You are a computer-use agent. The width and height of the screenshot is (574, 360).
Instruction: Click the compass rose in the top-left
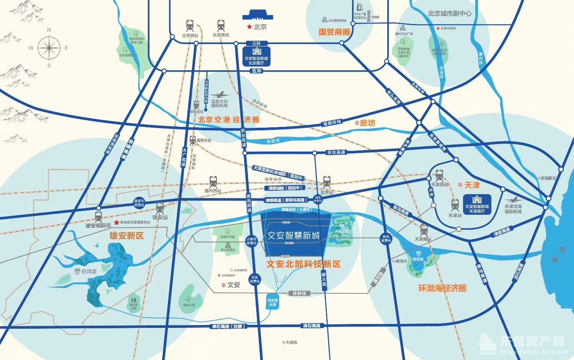click(x=49, y=47)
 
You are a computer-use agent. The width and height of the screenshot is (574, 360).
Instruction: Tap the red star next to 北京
click(x=249, y=27)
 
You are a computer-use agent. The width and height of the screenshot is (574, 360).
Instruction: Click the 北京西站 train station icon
click(x=190, y=25)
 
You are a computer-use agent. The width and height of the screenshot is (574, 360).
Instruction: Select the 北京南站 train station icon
click(x=221, y=25)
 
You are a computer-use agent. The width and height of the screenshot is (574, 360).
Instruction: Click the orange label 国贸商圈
click(x=335, y=32)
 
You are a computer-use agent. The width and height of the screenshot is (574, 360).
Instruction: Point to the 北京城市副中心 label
click(x=449, y=13)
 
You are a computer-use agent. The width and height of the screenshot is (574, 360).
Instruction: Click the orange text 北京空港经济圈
click(x=229, y=120)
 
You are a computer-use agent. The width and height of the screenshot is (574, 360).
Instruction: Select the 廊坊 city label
click(x=367, y=123)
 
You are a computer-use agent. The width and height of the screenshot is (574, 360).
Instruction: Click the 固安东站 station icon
click(x=193, y=140)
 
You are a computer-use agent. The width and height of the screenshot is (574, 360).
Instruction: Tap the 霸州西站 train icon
click(x=214, y=181)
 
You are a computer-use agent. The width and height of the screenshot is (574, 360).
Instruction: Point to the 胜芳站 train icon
click(x=327, y=181)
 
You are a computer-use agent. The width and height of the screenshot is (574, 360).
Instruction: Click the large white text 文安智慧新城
click(x=293, y=235)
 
